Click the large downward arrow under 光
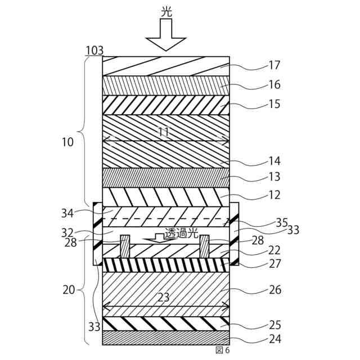166,35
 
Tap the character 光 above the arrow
166,11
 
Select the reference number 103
94,51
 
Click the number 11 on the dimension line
164,133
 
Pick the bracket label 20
68,290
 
